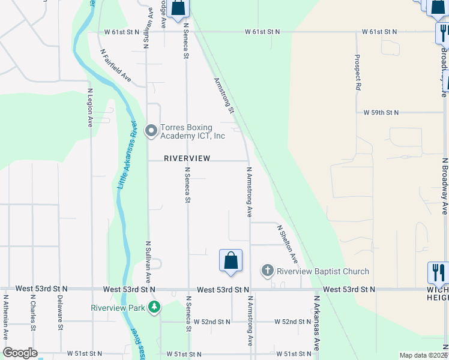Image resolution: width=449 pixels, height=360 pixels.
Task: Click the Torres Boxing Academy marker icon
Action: tap(151, 130)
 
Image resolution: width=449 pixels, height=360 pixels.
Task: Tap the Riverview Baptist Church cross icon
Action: tap(268, 271)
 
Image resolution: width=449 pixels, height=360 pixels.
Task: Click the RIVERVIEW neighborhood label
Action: tap(187, 158)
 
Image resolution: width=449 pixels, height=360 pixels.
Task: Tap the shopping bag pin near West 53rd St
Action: tap(231, 261)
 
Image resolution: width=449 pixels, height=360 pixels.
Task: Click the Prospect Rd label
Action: tap(358, 73)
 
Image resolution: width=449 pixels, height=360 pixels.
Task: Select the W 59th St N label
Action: tap(381, 112)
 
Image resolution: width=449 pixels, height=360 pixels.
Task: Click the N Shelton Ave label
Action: tap(287, 244)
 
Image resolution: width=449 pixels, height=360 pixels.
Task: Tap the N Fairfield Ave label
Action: tap(116, 65)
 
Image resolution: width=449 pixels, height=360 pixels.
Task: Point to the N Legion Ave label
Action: tap(90, 108)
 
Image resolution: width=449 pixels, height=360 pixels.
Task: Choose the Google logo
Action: tap(20, 353)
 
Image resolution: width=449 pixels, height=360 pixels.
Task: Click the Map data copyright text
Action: tap(423, 355)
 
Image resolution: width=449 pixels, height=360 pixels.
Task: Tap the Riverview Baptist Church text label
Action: tap(322, 272)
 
